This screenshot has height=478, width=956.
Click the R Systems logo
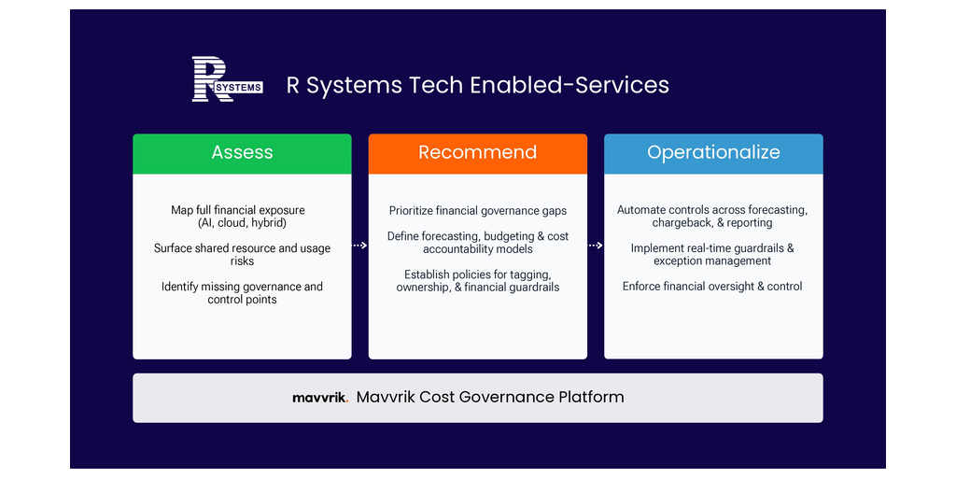228,78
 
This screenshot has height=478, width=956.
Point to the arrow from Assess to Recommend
359,246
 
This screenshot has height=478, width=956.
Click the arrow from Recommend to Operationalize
596,246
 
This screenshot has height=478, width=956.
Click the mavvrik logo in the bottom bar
320,398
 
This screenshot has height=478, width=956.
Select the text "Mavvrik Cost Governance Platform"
490,398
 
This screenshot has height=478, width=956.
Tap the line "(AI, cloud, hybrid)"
242,222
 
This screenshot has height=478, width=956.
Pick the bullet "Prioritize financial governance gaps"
478,211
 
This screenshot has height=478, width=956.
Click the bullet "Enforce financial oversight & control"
712,286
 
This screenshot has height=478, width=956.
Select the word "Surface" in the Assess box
172,248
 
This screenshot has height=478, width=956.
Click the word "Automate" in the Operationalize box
640,210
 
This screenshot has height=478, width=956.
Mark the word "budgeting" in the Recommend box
507,236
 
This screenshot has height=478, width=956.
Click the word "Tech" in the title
423,85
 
